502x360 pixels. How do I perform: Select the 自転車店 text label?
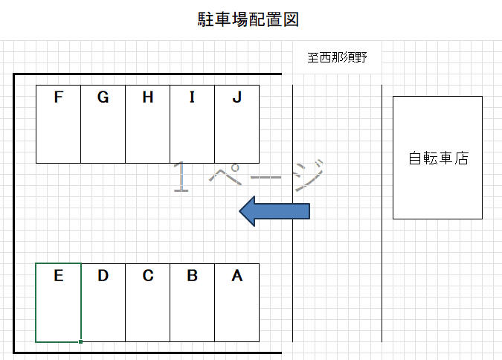point(438,158)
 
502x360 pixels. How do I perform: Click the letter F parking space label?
point(59,97)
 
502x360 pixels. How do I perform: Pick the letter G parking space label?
point(103,97)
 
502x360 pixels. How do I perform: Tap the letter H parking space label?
point(148,97)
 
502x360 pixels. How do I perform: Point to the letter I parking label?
point(193,97)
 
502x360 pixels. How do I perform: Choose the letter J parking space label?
point(237,97)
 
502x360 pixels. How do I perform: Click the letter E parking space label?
point(59,276)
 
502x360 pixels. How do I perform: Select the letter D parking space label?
point(103,276)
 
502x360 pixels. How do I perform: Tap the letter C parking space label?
point(148,276)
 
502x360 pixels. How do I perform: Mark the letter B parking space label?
point(193,276)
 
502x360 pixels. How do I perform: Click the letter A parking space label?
point(237,276)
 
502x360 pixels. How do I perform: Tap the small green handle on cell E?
point(80,341)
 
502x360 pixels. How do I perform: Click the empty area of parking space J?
point(237,138)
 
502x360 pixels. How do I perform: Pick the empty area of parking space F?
point(59,138)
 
